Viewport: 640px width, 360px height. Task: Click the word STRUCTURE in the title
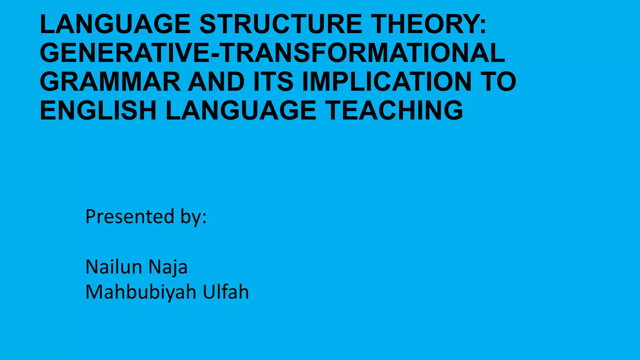click(281, 24)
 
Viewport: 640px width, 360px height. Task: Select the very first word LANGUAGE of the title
click(115, 24)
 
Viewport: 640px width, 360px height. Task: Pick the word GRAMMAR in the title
click(110, 82)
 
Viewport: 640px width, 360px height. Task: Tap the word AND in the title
click(216, 82)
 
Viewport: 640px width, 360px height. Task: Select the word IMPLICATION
click(387, 82)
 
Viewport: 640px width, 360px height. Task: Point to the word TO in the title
click(499, 82)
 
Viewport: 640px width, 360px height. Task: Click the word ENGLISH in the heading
click(98, 110)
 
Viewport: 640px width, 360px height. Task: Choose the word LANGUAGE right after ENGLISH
click(241, 110)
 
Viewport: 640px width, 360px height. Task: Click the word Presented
click(130, 216)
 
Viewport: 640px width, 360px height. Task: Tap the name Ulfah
click(226, 292)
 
